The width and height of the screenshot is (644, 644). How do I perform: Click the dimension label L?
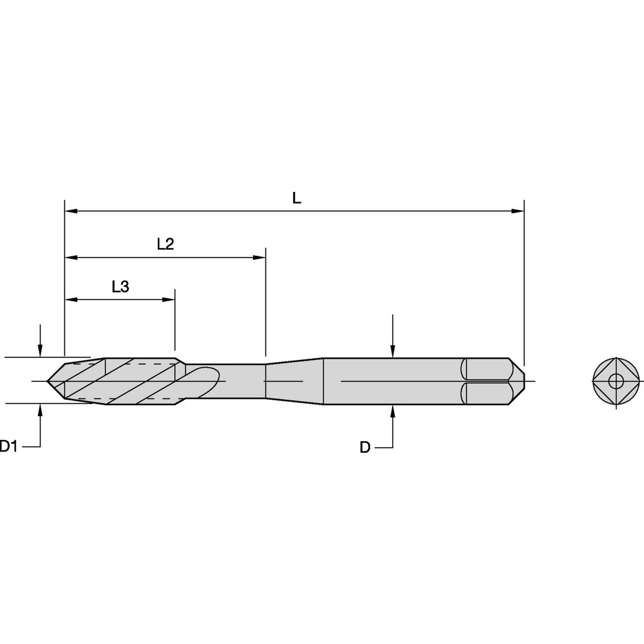pyautogui.click(x=296, y=198)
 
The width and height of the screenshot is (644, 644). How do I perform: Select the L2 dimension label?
pyautogui.click(x=166, y=245)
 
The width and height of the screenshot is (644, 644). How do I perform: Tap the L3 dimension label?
pyautogui.click(x=120, y=287)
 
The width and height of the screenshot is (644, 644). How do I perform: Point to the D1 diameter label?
pyautogui.click(x=8, y=446)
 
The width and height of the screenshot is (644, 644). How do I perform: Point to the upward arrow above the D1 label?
pyautogui.click(x=40, y=410)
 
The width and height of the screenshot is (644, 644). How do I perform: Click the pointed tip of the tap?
pyautogui.click(x=49, y=381)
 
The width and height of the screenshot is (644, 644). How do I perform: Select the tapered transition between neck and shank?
pyautogui.click(x=294, y=381)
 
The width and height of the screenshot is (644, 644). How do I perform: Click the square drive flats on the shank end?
pyautogui.click(x=486, y=381)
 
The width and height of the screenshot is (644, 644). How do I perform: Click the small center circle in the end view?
pyautogui.click(x=616, y=381)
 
